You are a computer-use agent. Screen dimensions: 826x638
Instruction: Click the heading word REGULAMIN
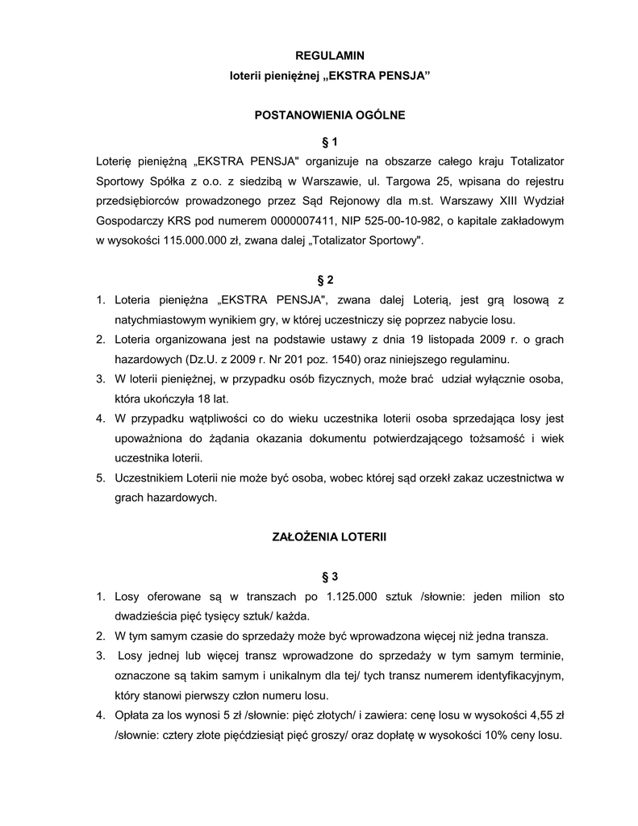pyautogui.click(x=330, y=55)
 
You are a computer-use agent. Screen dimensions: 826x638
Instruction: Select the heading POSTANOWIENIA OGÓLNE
pyautogui.click(x=330, y=115)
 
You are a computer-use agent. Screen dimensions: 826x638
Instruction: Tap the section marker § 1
pyautogui.click(x=330, y=142)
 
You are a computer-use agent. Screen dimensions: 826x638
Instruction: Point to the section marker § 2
pyautogui.click(x=326, y=280)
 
